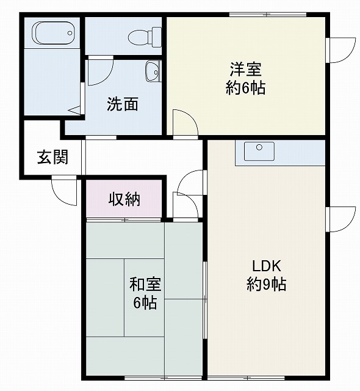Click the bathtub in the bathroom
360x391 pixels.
point(53,33)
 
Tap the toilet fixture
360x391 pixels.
point(145,37)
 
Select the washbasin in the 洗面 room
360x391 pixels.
point(153,71)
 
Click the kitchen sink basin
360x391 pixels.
point(259,152)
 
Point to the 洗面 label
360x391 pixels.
point(123,104)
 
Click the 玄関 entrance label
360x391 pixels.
point(53,158)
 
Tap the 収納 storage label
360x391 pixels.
point(124,199)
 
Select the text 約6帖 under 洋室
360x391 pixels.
point(245,87)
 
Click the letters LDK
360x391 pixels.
point(267,266)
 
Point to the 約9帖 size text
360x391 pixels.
point(267,284)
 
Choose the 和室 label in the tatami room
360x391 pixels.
point(145,284)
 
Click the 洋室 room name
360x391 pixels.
point(245,70)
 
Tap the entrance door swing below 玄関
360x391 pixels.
point(64,191)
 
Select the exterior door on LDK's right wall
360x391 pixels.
point(341,219)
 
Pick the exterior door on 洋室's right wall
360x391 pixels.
point(341,50)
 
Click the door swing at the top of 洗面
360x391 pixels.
point(101,71)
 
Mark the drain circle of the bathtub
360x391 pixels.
point(70,33)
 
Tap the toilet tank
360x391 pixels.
point(157,37)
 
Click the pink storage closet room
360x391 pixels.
point(124,199)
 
